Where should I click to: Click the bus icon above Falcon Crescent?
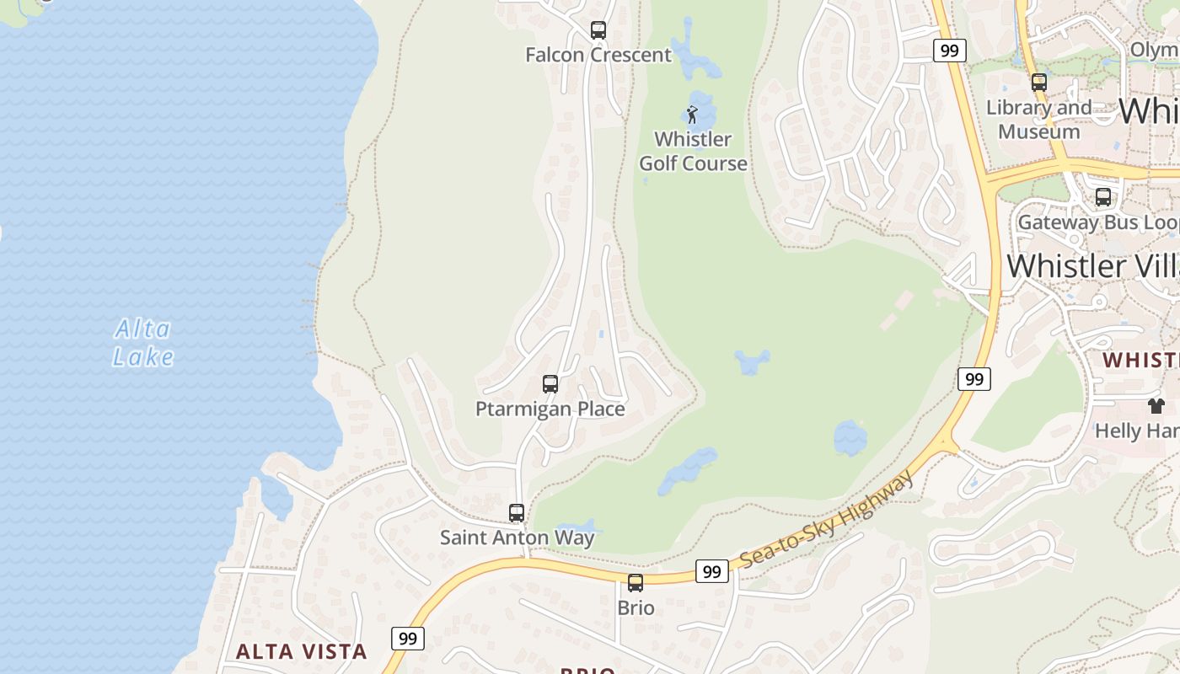(x=598, y=30)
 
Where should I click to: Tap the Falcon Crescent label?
(x=598, y=56)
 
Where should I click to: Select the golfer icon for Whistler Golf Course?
(x=693, y=115)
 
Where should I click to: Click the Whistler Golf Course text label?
(x=693, y=152)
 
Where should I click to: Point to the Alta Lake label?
(x=143, y=343)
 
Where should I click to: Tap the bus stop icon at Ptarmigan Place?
(x=550, y=384)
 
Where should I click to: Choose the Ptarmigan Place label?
(x=550, y=409)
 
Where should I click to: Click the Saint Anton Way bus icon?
(x=517, y=512)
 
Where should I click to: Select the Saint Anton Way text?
(x=517, y=538)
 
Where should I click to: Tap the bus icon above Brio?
(x=636, y=582)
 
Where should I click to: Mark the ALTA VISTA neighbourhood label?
(x=301, y=651)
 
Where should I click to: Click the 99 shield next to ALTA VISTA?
(x=408, y=638)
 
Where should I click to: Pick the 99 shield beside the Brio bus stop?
(x=712, y=571)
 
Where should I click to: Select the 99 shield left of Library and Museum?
(x=949, y=51)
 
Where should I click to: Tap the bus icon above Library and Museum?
(x=1039, y=83)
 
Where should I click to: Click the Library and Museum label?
(x=1038, y=120)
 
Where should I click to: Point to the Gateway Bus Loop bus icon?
(x=1103, y=197)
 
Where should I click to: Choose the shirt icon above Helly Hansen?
(x=1156, y=406)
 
